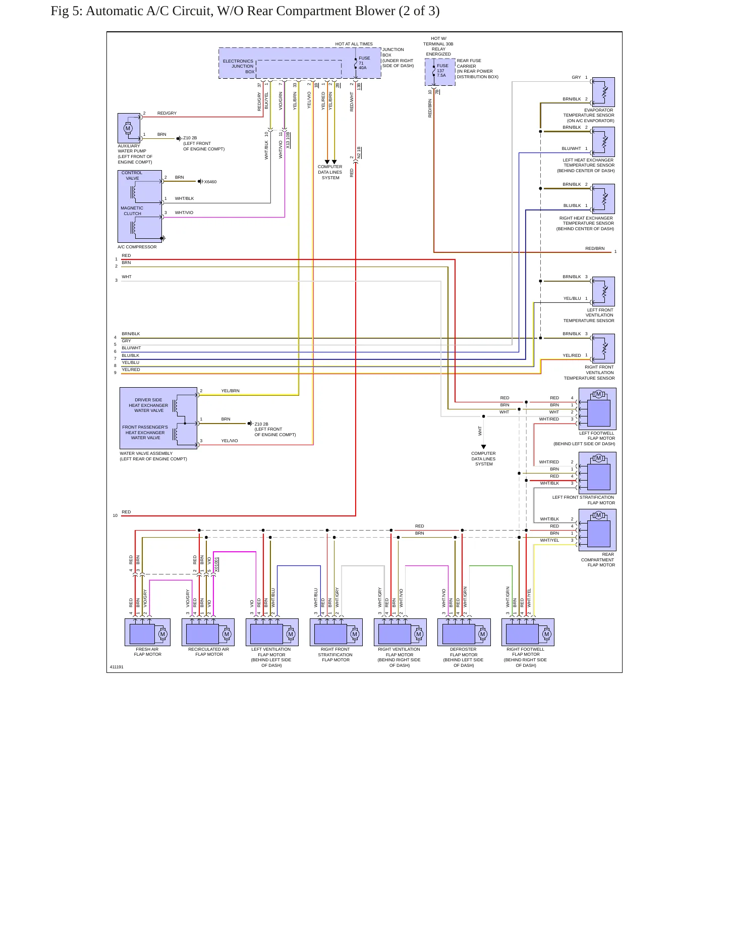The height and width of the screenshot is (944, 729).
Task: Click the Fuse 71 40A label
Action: click(363, 63)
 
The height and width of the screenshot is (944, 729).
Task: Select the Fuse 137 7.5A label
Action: click(442, 70)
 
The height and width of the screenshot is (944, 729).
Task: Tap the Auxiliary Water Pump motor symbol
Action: click(128, 128)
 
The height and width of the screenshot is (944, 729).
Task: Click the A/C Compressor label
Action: click(137, 247)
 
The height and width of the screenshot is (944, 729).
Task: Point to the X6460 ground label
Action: click(210, 182)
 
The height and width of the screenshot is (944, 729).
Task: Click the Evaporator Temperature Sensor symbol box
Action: click(603, 92)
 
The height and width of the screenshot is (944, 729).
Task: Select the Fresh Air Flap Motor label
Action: click(147, 652)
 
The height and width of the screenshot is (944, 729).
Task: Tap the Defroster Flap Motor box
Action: click(464, 632)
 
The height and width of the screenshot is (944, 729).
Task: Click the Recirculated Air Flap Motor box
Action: click(208, 632)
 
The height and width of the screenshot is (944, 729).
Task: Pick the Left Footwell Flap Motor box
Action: click(597, 408)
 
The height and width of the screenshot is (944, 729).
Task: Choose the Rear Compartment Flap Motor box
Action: click(597, 530)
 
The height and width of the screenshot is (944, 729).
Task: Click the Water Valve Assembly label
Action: click(153, 456)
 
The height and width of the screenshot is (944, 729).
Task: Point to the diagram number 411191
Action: click(117, 667)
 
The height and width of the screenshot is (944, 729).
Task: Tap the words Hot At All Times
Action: click(354, 44)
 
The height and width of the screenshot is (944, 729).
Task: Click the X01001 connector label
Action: click(216, 564)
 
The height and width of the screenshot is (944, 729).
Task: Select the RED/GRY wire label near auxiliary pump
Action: click(167, 113)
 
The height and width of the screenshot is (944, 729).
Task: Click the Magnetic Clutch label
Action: click(132, 211)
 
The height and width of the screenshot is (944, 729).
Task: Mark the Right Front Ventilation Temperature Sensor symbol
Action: click(603, 348)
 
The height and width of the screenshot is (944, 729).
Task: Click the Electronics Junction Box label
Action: click(239, 66)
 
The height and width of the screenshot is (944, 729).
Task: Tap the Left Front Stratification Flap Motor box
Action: click(597, 473)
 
